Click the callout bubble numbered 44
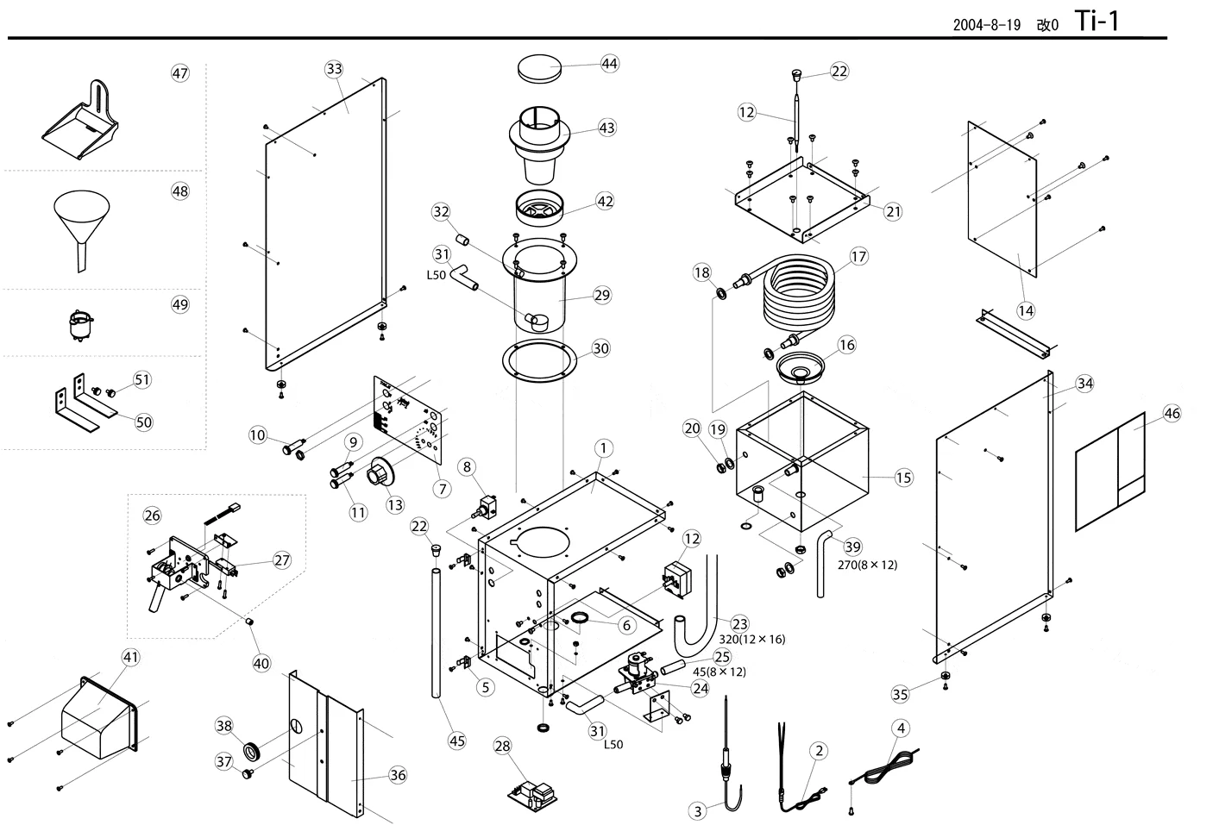[609, 64]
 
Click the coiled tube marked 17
[798, 297]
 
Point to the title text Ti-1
[1097, 21]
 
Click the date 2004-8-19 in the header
[986, 25]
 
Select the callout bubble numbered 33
[334, 69]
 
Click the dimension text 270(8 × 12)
[867, 565]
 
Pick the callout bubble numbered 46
[1171, 414]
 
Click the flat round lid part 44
[539, 68]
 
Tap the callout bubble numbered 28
[502, 746]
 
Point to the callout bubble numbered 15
[903, 478]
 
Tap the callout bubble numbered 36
[397, 775]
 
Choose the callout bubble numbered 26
[152, 516]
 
